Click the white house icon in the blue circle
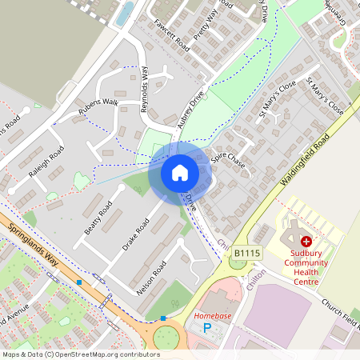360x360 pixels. (x=180, y=172)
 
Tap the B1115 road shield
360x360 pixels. (x=245, y=253)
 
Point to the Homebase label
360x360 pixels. (x=212, y=316)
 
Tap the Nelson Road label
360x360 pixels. (x=151, y=278)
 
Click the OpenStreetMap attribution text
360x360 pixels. (x=70, y=354)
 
